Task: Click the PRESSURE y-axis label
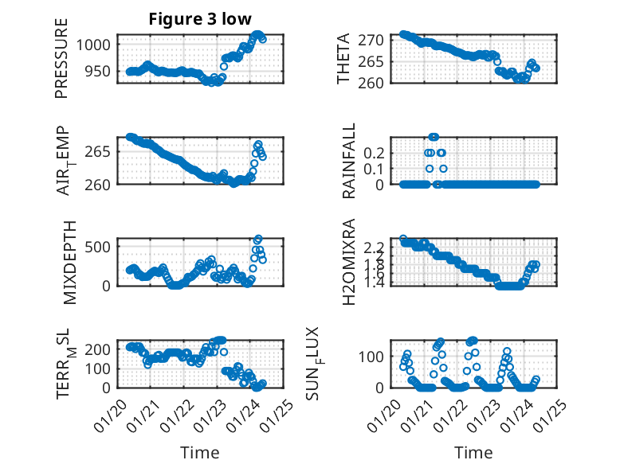point(61,58)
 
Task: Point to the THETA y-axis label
point(343,58)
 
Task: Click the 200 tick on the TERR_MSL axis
point(102,349)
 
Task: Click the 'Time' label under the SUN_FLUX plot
point(473,453)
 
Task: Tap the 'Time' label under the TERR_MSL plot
point(199,453)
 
